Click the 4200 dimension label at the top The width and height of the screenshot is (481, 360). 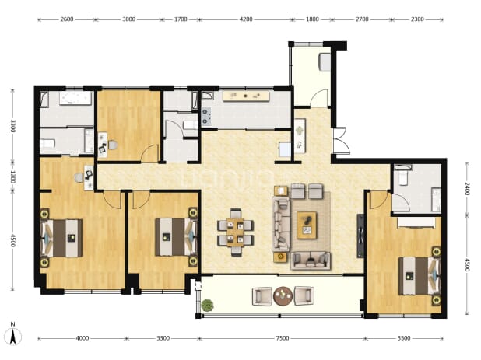pos(246,19)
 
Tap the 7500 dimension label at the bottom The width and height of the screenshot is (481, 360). pos(283,338)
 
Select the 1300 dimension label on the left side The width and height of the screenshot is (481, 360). pos(12,177)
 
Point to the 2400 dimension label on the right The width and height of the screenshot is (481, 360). pos(467,189)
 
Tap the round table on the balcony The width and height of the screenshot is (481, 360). pos(283,296)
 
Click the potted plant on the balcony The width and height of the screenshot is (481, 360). pos(208,305)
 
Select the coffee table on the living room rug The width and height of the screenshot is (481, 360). pos(307,225)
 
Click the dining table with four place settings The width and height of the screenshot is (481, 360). pos(235,232)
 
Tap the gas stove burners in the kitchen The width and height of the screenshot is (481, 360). pos(205,117)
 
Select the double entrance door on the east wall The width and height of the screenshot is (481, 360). pos(341,140)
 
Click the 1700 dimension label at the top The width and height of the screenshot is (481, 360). pos(181,19)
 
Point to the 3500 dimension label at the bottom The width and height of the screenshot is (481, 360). pos(404,338)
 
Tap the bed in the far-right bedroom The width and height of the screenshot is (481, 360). pos(420,276)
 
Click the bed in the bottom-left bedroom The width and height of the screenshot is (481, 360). pos(61,238)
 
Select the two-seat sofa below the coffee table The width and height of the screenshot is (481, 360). pos(311,260)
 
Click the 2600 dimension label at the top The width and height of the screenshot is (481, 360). pos(67,19)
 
